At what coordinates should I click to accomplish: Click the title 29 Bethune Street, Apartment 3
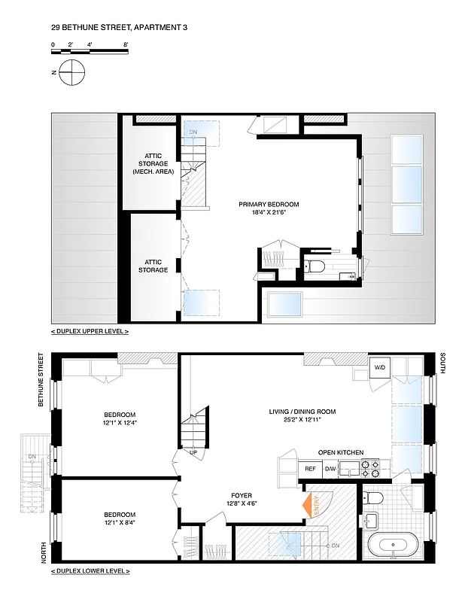pyautogui.click(x=119, y=28)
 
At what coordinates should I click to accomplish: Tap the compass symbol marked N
pyautogui.click(x=72, y=72)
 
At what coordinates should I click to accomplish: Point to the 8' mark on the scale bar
pyautogui.click(x=126, y=45)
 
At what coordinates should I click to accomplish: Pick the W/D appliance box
pyautogui.click(x=380, y=367)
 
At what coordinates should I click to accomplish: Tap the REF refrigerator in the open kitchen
pyautogui.click(x=309, y=469)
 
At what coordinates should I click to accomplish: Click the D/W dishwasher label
pyautogui.click(x=330, y=469)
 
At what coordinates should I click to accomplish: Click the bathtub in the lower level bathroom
pyautogui.click(x=391, y=544)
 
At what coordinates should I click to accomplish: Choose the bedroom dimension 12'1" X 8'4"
pyautogui.click(x=120, y=524)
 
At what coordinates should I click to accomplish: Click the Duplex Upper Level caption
pyautogui.click(x=90, y=331)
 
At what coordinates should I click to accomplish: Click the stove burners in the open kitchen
pyautogui.click(x=370, y=470)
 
